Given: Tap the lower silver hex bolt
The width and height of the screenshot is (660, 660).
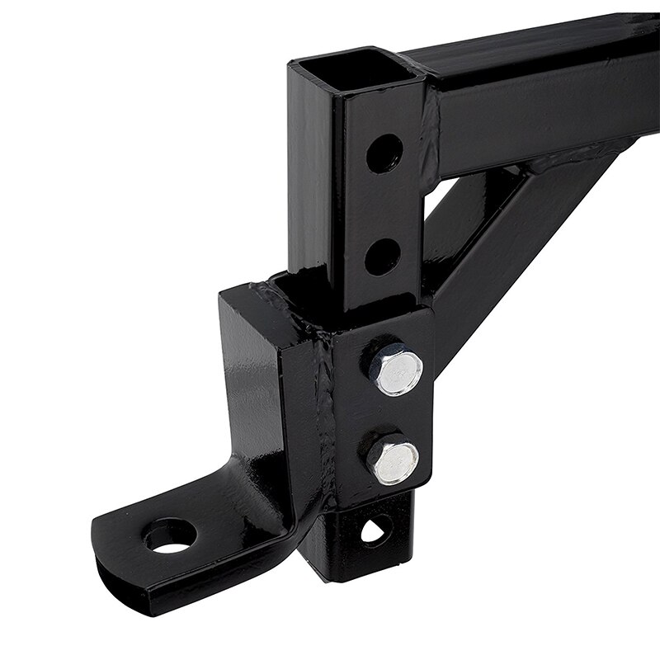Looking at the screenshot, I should pyautogui.click(x=394, y=461).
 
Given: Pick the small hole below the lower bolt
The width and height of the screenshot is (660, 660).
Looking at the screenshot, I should pyautogui.click(x=377, y=529).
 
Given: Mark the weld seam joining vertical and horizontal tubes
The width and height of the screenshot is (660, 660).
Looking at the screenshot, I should pyautogui.click(x=426, y=132).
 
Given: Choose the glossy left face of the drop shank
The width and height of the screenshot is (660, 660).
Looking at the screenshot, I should pyautogui.click(x=247, y=388).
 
